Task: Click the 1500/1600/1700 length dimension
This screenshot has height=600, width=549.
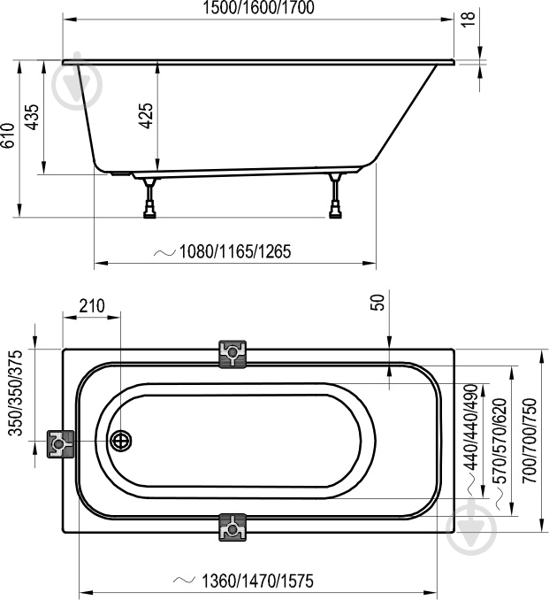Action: [258, 8]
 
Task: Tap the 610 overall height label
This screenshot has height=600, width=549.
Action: [8, 135]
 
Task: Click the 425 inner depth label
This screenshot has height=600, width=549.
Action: [146, 116]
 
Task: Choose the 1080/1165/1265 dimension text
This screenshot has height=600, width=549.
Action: [235, 252]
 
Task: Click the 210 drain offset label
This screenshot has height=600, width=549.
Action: [92, 306]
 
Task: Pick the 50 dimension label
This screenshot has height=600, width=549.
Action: [377, 303]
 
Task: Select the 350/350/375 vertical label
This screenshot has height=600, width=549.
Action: [16, 393]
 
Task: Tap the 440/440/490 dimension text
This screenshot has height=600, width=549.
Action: [470, 427]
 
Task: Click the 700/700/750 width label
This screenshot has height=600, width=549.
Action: [530, 441]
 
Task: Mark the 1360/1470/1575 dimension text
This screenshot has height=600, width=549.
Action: [257, 581]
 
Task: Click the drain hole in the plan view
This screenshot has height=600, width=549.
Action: [121, 441]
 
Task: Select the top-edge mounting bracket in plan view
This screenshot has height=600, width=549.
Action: [232, 354]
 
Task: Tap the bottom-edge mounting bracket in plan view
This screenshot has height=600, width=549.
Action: [233, 527]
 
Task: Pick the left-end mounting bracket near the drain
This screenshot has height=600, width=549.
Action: [60, 444]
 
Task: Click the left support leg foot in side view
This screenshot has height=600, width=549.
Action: [149, 212]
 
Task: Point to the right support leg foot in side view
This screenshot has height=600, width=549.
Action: [336, 212]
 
